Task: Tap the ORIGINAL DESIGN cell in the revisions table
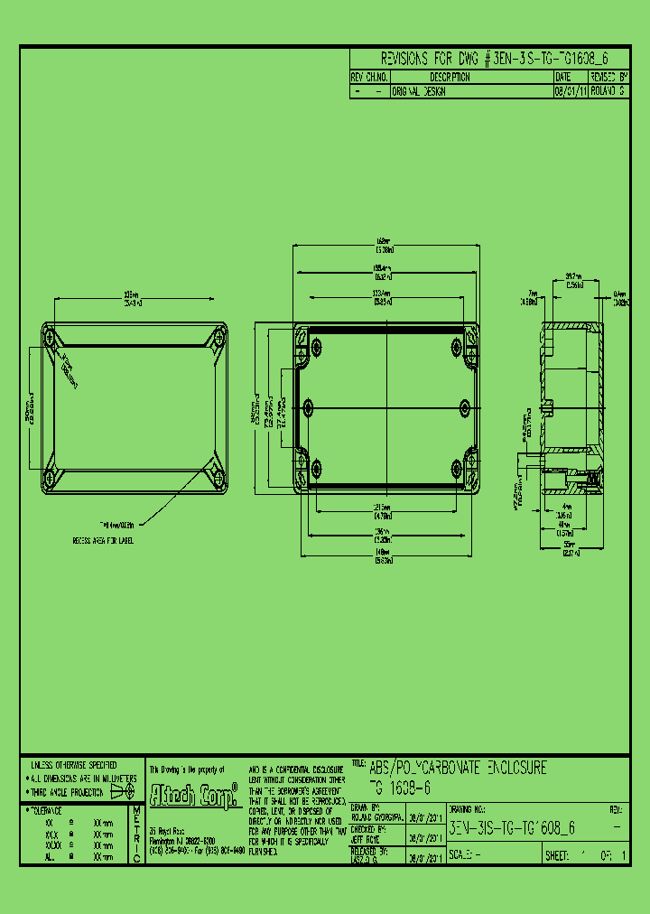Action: click(x=419, y=91)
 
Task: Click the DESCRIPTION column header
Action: click(x=450, y=78)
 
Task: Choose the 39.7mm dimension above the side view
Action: click(x=572, y=275)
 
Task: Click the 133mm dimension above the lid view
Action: click(x=133, y=296)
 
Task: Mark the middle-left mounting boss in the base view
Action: click(x=310, y=406)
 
